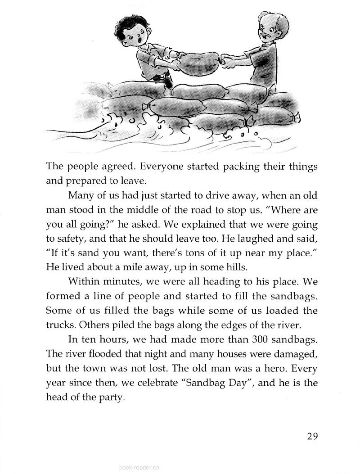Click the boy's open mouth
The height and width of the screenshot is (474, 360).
(x=142, y=41)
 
